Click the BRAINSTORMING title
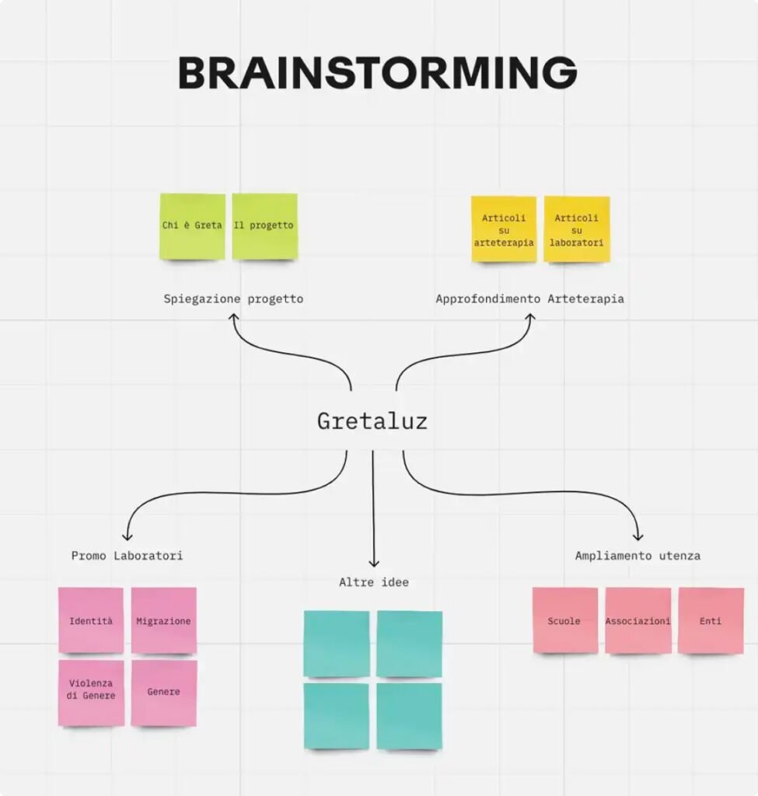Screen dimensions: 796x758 [377, 73]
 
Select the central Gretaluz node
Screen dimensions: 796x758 [372, 421]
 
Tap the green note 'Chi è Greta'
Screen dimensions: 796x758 [192, 226]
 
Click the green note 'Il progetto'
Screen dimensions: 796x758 [264, 226]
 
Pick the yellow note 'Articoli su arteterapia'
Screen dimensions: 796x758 [504, 230]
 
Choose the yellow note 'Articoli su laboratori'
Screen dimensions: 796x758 [577, 230]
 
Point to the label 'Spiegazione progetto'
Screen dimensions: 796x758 [233, 298]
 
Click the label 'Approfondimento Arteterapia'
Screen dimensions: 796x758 [529, 298]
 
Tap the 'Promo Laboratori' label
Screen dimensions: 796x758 [127, 556]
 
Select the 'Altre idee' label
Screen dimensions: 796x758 [373, 582]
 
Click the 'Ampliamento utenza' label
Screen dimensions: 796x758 [637, 556]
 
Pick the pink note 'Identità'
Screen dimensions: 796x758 [91, 620]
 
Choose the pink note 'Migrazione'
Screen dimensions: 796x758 [163, 620]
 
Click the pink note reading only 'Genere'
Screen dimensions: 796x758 [163, 693]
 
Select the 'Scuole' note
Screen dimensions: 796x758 [564, 620]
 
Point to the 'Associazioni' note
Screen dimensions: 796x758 [637, 620]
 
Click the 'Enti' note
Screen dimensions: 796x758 [711, 620]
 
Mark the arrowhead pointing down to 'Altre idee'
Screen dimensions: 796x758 [373, 563]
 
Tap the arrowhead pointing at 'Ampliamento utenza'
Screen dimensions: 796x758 [638, 536]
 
